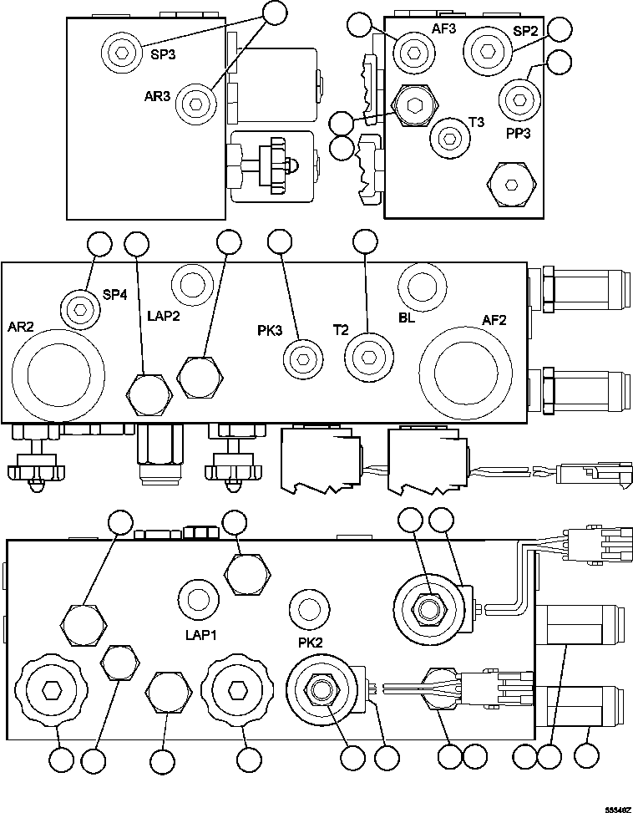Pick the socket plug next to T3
coord(449,136)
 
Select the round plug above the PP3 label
coord(519,99)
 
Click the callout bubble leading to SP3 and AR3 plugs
coord(275,12)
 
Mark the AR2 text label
coord(21,326)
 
